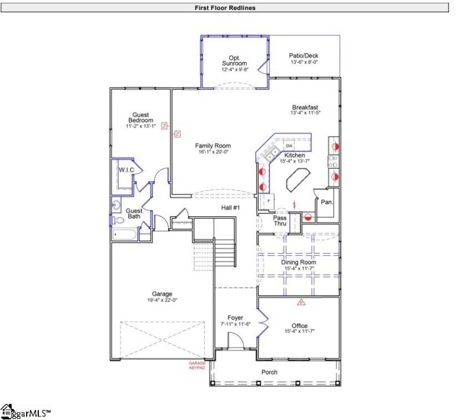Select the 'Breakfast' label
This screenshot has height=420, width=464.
pos(304,107)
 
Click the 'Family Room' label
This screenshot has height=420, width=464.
pos(213,146)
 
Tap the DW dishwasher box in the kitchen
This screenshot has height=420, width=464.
pos(289,146)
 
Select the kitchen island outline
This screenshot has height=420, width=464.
pos(296,180)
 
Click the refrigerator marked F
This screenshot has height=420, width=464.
pos(269,201)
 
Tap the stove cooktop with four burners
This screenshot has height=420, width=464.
pos(335,158)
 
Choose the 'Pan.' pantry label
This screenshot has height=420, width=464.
pos(327,202)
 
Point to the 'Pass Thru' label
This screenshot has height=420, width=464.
pos(272,220)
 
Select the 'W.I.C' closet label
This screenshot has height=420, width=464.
pos(126,169)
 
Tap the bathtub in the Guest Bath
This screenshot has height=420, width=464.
pos(124,234)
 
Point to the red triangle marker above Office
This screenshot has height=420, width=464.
pos(301,302)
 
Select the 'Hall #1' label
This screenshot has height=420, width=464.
pos(230,207)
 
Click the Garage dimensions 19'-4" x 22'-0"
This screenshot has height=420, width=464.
pos(159,300)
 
